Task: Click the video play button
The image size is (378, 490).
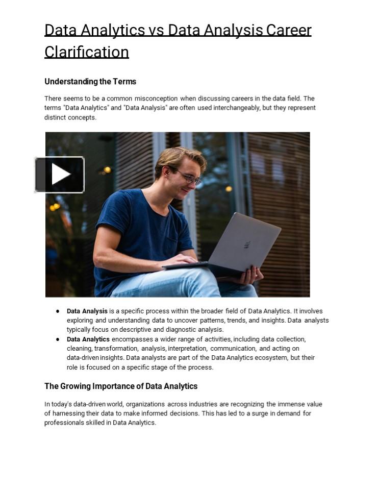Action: [x=60, y=175]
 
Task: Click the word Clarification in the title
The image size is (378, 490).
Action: [x=87, y=52]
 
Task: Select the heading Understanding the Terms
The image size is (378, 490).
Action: [x=90, y=82]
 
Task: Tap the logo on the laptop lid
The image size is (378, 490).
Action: [x=247, y=244]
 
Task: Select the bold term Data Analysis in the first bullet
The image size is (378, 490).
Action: [x=87, y=311]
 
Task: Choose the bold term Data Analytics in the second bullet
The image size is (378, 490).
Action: [x=88, y=339]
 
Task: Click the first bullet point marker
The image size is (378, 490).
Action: [x=58, y=311]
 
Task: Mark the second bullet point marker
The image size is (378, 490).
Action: [x=58, y=339]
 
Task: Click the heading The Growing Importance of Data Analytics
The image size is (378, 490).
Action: [x=121, y=386]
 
